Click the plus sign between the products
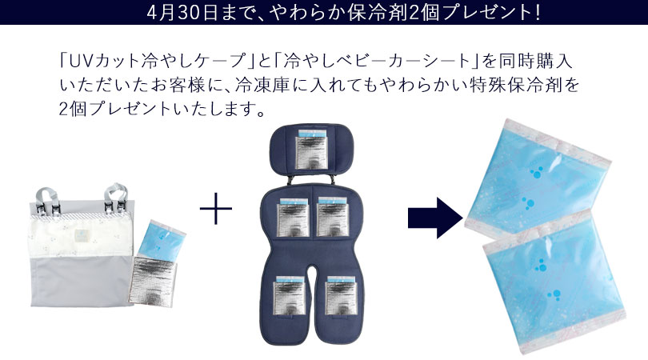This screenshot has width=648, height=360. [216, 208]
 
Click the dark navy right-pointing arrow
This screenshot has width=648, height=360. [435, 218]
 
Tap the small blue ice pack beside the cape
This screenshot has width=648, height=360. [161, 240]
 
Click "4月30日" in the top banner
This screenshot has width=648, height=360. [182, 12]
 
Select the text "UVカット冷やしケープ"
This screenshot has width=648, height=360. [158, 62]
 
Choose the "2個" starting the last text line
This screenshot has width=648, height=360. [73, 109]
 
